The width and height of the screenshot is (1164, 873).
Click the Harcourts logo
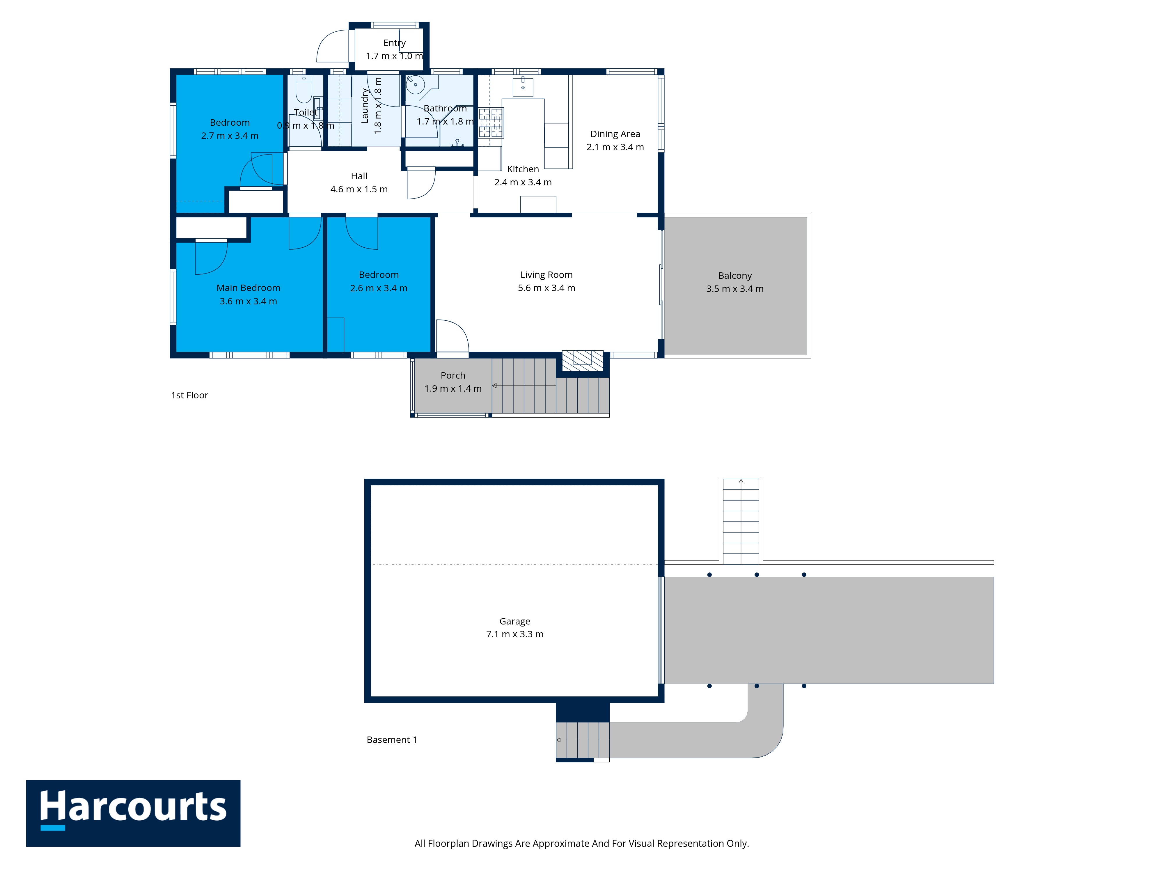point(133,813)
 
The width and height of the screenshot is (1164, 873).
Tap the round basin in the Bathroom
point(415,84)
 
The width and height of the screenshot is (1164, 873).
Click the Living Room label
point(546,275)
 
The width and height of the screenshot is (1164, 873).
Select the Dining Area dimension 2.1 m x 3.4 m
point(615,147)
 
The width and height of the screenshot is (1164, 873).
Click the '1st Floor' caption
point(189,395)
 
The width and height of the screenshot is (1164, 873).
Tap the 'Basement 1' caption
point(391,740)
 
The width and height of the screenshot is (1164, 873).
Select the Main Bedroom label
point(249,288)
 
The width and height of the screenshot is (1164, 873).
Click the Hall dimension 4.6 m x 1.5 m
point(359,189)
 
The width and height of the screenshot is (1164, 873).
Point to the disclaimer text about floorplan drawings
point(581,844)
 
